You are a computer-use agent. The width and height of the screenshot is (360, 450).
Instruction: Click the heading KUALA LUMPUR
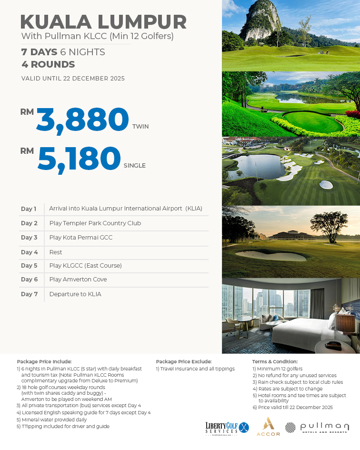point(103,22)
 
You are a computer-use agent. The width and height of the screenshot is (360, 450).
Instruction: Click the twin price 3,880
point(82,120)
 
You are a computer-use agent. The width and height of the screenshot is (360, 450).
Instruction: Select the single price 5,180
point(79,159)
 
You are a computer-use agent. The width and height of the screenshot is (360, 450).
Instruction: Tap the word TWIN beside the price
point(140,127)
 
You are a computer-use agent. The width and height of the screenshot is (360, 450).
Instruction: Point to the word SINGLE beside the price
point(134,166)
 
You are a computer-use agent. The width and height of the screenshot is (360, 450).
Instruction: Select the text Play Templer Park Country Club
point(95,223)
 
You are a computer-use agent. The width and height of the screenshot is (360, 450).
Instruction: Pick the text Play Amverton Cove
point(78,280)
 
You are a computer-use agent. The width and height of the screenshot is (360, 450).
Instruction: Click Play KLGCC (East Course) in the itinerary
point(86,266)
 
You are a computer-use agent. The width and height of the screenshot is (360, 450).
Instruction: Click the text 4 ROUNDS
point(48,65)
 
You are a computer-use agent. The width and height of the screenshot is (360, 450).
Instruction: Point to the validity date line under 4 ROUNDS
point(73,79)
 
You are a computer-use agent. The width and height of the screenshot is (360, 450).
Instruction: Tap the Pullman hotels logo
point(317,427)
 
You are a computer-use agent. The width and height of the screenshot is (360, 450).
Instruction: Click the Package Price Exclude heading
point(183,362)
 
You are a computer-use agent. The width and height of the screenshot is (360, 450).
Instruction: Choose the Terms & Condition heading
point(275,362)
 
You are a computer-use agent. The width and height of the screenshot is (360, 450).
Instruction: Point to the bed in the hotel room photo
point(305,329)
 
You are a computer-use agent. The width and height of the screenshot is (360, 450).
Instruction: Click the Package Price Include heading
point(44,362)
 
